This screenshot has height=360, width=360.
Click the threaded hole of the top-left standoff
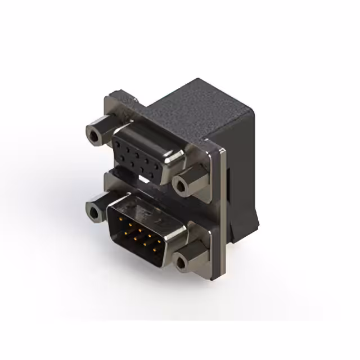click(94, 134)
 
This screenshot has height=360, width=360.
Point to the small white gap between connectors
click(146, 181)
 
